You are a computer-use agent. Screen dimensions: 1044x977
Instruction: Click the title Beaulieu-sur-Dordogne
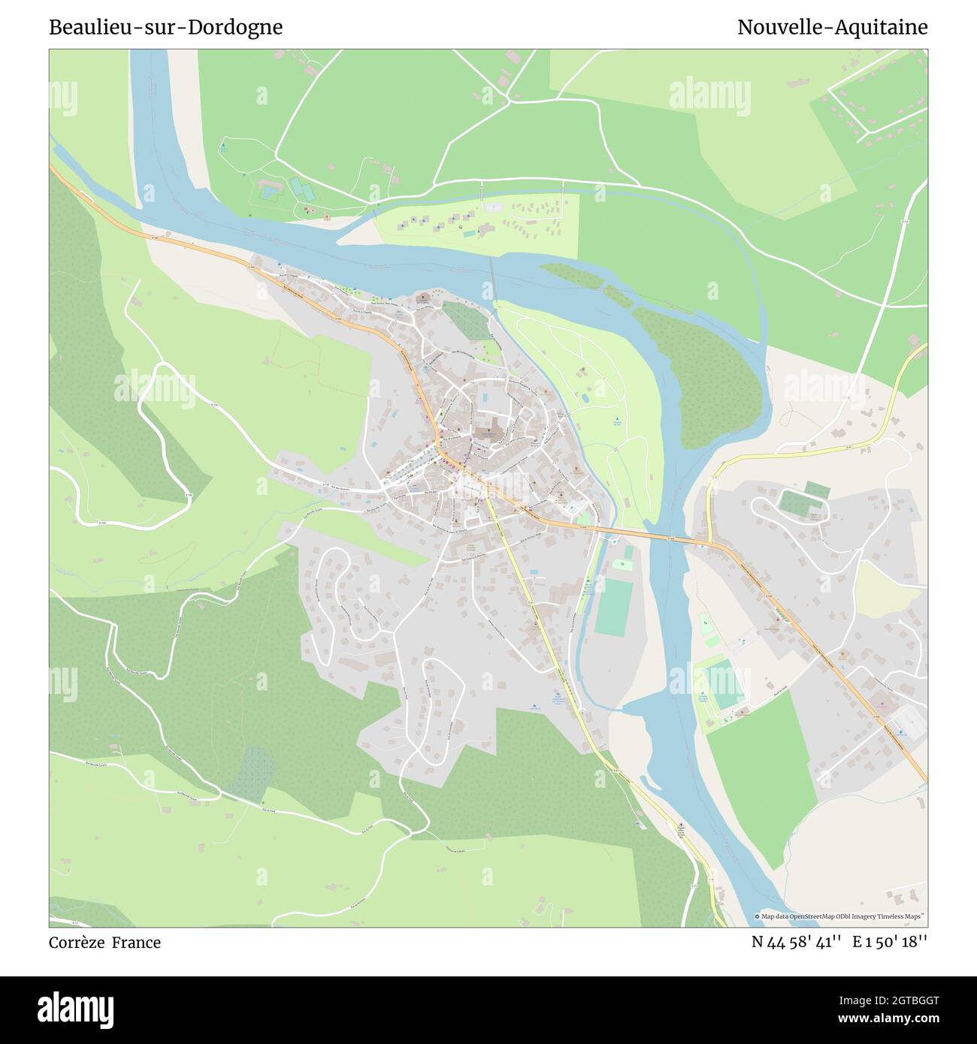pyautogui.click(x=165, y=27)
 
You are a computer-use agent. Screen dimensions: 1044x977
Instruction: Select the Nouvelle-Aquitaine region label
pyautogui.click(x=832, y=27)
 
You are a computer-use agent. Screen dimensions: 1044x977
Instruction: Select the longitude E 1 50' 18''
pyautogui.click(x=891, y=942)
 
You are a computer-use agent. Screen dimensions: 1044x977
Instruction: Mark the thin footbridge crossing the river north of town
pyautogui.click(x=493, y=279)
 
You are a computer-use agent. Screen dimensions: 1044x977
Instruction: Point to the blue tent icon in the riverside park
pyautogui.click(x=617, y=418)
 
